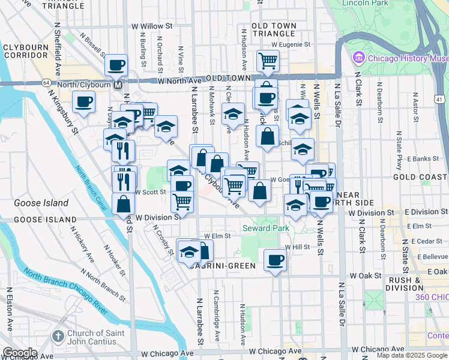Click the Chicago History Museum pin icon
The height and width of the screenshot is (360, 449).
click(359, 58)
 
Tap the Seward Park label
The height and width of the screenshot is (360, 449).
click(265, 228)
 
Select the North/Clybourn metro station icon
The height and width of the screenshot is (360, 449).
click(118, 85)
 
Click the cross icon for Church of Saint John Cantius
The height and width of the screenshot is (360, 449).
click(58, 336)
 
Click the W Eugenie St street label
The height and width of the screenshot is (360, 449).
click(291, 44)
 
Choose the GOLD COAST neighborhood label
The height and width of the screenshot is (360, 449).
click(420, 177)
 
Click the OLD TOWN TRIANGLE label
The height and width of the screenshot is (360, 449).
click(274, 30)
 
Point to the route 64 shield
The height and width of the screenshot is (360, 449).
click(46, 82)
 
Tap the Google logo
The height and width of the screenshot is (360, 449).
click(20, 352)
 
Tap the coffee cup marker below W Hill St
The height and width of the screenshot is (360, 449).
click(276, 260)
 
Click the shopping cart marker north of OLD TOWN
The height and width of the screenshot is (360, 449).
click(268, 60)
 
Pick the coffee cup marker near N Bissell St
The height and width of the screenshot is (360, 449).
click(116, 65)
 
